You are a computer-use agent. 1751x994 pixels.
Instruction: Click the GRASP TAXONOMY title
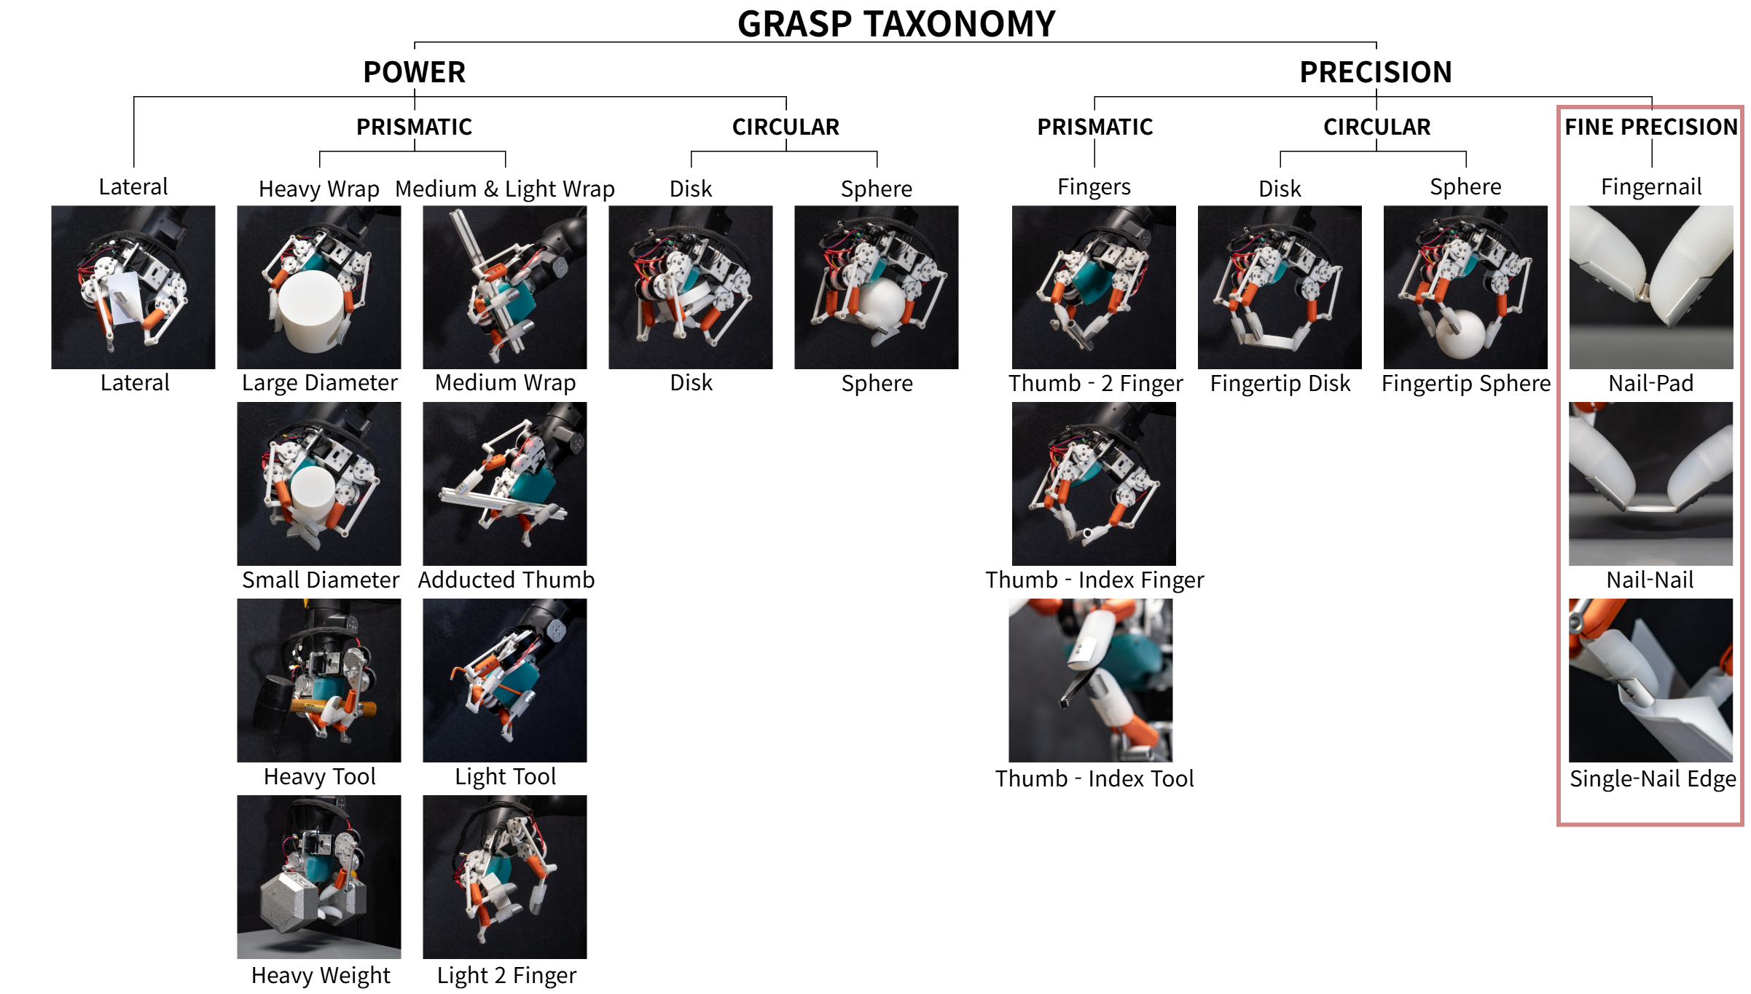[896, 24]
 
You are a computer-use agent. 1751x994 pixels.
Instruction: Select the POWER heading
[414, 72]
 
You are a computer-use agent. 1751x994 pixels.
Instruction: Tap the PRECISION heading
[1375, 72]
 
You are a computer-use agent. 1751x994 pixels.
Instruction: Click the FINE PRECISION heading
[1650, 127]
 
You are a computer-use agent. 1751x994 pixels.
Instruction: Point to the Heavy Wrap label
[318, 189]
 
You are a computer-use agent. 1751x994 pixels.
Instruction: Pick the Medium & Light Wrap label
[504, 189]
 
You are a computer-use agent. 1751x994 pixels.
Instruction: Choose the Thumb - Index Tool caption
[1094, 778]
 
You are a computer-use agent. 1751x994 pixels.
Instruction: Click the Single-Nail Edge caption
[1652, 778]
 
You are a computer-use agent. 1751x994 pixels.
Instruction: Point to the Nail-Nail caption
[1650, 580]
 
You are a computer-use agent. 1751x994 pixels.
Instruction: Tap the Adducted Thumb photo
[504, 484]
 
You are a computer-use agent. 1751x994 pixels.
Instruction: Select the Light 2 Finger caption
[506, 975]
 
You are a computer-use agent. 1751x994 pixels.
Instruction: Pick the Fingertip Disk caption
[1280, 383]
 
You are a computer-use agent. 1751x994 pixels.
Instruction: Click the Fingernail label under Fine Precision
[1650, 187]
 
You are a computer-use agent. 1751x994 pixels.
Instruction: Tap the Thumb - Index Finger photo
[1093, 484]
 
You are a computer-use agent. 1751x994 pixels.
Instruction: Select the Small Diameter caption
[320, 580]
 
